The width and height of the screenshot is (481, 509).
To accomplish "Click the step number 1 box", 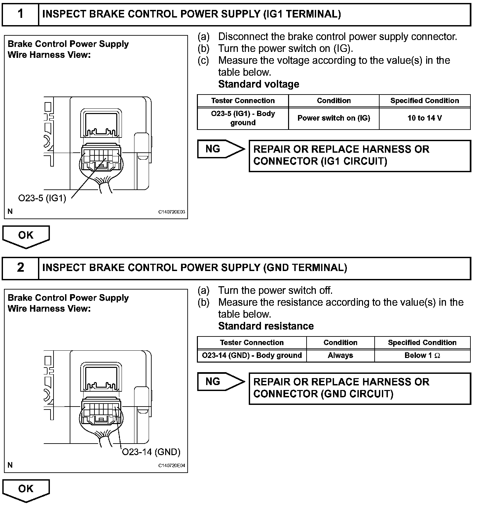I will point(20,14).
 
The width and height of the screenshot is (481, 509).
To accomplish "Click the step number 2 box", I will point(20,268).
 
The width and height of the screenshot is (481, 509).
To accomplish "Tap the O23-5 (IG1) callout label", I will point(42,198).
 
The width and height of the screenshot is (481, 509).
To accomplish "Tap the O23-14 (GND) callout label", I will point(151,452).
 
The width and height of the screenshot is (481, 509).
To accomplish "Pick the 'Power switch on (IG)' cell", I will point(334,118).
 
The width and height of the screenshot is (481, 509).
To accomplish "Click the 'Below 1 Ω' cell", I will point(422,356).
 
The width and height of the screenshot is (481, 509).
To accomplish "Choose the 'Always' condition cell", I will point(340,356).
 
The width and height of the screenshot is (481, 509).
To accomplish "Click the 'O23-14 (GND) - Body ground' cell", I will point(252,356).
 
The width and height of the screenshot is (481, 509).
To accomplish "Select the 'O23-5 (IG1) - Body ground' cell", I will point(243,118).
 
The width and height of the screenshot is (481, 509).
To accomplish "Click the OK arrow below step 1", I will point(26,236).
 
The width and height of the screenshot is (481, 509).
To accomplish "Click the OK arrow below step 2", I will point(26,489).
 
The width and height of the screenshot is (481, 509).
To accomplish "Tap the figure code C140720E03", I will point(171,212).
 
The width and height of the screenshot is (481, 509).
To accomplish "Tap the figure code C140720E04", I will point(171,466).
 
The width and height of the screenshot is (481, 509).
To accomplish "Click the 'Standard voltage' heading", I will point(259,84).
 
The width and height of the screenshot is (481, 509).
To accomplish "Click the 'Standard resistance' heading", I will point(266,326).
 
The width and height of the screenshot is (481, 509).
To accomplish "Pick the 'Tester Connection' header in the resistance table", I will point(252,343).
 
